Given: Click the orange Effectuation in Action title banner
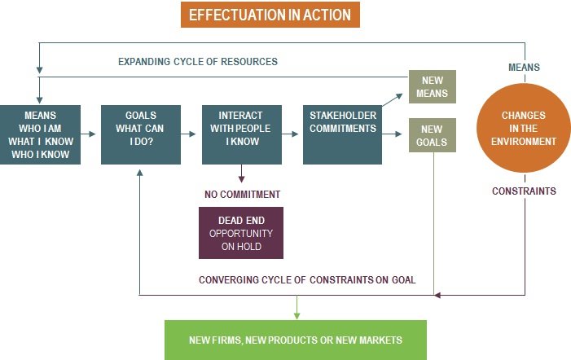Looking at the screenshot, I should tap(270, 15).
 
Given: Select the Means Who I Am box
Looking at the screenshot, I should tap(41, 134).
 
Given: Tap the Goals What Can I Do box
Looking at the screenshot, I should tap(141, 134).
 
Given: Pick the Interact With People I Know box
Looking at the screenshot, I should tap(241, 134).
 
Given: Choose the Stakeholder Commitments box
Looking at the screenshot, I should tap(342, 134).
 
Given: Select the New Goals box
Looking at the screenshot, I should tap(433, 135).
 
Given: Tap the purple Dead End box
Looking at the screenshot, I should tap(241, 232).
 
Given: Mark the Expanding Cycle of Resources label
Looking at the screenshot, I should tap(198, 62).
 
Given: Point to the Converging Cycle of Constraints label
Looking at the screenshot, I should tap(307, 279).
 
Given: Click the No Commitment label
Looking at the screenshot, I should tap(242, 194).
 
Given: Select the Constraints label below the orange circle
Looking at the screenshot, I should tap(524, 191).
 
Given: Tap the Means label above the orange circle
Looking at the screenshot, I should tap(524, 67).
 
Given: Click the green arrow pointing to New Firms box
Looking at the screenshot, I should tap(297, 307).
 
